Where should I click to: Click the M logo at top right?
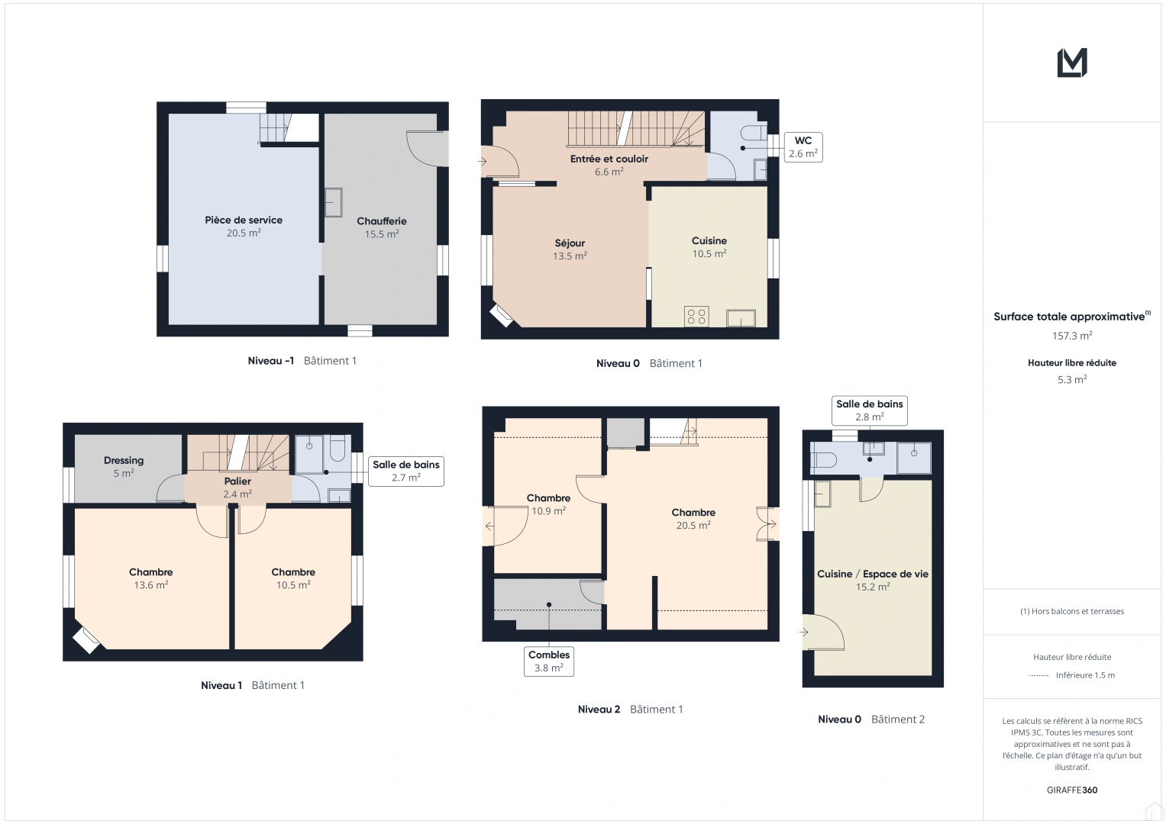coord(1072,63)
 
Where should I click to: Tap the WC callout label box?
coord(803,146)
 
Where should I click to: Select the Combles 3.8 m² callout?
coord(549,661)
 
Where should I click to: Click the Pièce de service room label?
coord(244,226)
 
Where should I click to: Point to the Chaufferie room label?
coord(382,227)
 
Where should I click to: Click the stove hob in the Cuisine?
coord(696,316)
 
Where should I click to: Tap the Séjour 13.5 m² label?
coord(570,249)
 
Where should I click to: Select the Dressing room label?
coord(124,466)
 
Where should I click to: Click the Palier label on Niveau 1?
coord(237,488)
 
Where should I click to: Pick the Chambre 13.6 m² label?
coord(151,578)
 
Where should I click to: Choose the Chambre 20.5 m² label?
coord(693,519)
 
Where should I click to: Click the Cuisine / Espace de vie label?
coord(873,580)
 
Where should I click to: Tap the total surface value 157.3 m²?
coord(1072,336)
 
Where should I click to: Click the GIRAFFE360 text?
coord(1072,790)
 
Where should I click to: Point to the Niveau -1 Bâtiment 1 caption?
coord(302,361)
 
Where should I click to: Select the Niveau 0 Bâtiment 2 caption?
coord(871,719)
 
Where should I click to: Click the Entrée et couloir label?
coord(609,165)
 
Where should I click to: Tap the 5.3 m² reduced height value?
coord(1072,379)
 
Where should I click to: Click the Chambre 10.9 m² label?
coord(548,504)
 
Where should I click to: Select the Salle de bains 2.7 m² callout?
coord(406,471)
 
